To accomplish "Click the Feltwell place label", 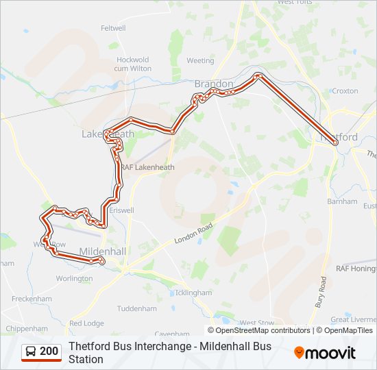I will (113, 28).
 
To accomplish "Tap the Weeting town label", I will (200, 60).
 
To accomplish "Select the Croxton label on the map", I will (344, 90).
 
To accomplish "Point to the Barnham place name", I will (343, 201).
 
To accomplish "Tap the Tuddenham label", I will (138, 308).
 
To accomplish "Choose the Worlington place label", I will (74, 279).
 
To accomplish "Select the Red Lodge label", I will (86, 323).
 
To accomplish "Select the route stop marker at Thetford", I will (335, 143).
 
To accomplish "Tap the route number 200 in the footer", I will (49, 351).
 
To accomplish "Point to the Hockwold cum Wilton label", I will (133, 64).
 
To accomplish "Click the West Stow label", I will (256, 323).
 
